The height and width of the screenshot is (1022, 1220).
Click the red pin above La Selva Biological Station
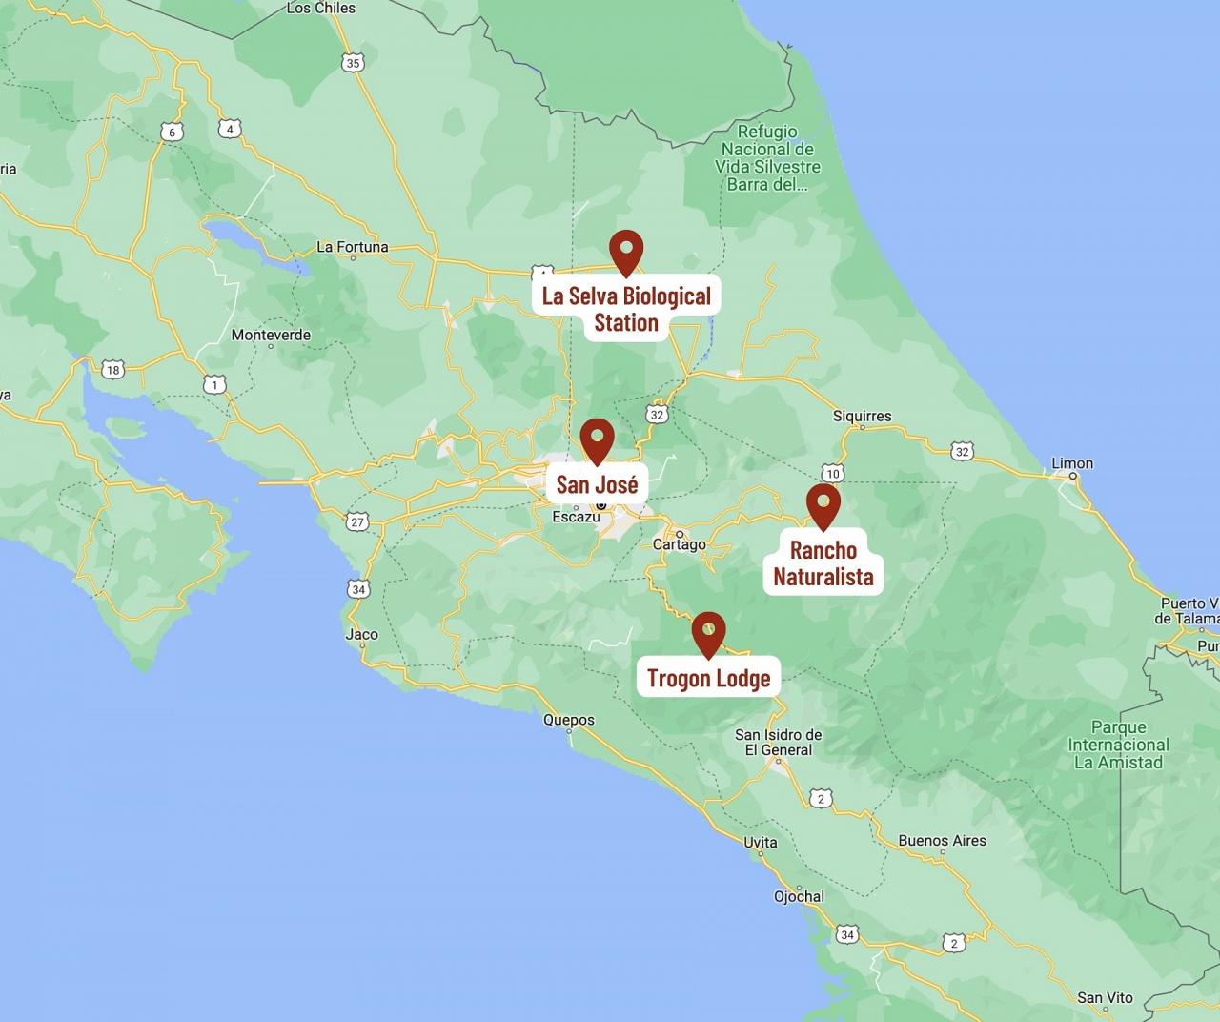pos(626,251)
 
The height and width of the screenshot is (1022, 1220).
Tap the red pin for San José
pos(598,439)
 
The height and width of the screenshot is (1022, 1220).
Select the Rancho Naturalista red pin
pos(823,504)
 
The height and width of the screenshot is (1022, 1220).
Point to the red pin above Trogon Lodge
pos(708,632)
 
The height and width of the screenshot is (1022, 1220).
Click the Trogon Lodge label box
pos(708,678)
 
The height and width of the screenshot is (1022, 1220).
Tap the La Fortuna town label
pos(352,247)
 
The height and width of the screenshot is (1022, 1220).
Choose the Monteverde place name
pos(271,335)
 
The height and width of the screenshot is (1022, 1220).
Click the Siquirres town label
pos(862,416)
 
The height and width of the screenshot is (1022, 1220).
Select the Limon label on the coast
pos(1072,463)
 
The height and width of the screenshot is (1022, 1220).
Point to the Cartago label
pos(679,544)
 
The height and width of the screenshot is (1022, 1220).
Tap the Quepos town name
pos(568,720)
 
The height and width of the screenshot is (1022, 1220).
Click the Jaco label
pos(361,634)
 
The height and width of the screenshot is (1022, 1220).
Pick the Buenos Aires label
pos(942,840)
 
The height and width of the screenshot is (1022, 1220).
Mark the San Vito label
pos(1105,997)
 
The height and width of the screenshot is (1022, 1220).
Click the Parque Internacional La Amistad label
pos(1118,745)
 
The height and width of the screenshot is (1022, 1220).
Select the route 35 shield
pos(353,63)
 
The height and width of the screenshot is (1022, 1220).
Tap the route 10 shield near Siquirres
pos(833,473)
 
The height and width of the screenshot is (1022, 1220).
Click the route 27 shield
pos(357,521)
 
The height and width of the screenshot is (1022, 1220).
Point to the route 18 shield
pos(113,370)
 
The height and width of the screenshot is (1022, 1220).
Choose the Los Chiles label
pos(320,8)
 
